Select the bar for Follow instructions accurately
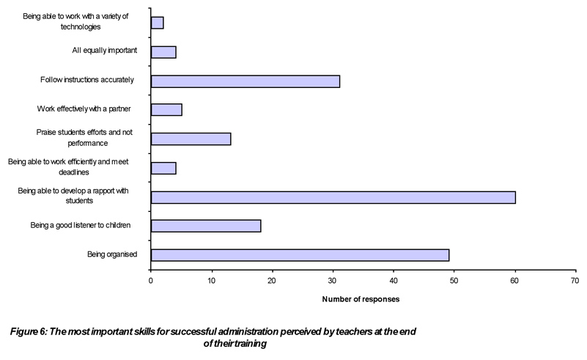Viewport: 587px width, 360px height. [245, 81]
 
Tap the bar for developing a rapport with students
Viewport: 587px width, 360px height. [333, 196]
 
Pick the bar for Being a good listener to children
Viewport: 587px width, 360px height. [206, 226]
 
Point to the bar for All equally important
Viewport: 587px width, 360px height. [163, 52]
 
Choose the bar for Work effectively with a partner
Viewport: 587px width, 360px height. [166, 110]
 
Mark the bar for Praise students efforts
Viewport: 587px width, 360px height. [191, 139]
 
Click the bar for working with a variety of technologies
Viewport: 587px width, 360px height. [157, 23]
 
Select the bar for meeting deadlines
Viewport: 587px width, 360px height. [163, 168]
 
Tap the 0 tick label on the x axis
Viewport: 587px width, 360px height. [151, 279]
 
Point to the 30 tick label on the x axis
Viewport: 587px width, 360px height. [333, 279]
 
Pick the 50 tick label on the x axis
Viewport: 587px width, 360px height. [454, 279]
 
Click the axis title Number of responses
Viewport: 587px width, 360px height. [361, 299]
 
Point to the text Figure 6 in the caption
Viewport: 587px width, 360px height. [30, 332]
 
